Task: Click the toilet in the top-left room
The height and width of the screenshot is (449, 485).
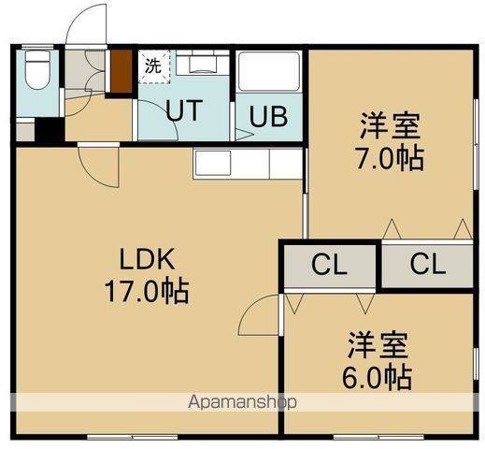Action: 37,71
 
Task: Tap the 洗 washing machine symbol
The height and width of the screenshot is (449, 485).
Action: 152,65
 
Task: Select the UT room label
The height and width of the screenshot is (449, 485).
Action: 183,110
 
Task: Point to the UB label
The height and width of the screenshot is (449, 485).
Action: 267,119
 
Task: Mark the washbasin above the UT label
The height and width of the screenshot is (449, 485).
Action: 196,65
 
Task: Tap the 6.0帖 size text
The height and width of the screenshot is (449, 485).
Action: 378,377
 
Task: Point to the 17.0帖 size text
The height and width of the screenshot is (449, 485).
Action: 146,291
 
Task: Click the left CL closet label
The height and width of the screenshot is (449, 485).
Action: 328,266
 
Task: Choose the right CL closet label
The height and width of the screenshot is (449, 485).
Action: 427,266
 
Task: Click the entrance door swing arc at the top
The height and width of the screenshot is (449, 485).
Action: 84,21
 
